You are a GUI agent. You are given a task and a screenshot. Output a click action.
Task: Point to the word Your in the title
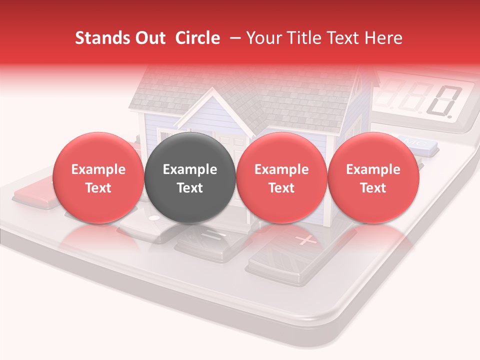tap(261, 38)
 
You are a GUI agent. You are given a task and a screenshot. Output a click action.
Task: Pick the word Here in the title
tap(383, 38)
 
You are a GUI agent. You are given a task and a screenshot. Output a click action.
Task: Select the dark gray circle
tap(190, 177)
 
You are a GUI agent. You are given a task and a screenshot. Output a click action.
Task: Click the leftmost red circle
tap(98, 177)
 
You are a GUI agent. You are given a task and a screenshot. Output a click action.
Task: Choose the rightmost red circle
tap(373, 177)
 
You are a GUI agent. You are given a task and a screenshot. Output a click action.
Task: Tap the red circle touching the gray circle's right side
tap(281, 177)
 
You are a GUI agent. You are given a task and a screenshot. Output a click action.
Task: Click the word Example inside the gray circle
tap(190, 169)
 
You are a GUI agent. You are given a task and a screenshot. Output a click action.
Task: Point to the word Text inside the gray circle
tap(190, 188)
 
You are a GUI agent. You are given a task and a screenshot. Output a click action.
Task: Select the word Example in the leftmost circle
tap(98, 169)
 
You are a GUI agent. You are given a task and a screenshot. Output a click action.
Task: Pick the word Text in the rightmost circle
tap(373, 188)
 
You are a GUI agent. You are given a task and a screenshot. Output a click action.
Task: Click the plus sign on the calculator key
tap(305, 240)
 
